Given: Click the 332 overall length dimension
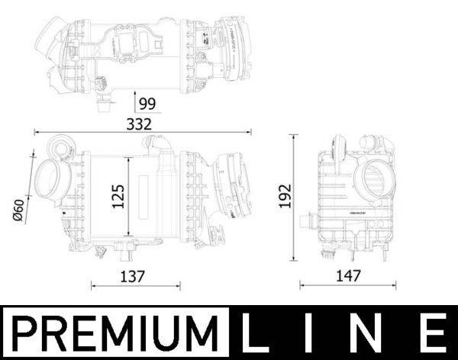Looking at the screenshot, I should click(140, 123).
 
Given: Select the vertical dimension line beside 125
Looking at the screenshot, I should click(129, 197).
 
